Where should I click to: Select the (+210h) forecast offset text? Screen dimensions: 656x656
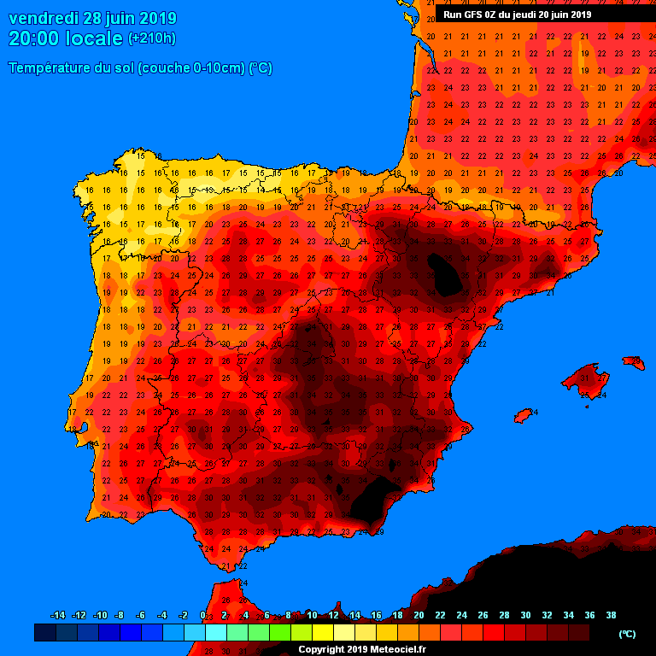tap(151, 38)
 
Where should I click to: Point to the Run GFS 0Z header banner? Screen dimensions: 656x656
tap(517, 15)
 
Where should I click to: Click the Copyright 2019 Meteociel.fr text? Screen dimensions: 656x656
tap(361, 649)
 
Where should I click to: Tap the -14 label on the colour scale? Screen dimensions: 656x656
tap(58, 615)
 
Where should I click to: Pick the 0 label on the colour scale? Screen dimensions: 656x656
tap(202, 615)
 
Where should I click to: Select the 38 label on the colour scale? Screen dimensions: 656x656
tap(611, 615)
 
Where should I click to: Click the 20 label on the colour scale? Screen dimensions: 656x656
tap(419, 615)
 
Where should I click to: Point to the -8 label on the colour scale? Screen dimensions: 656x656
tap(120, 615)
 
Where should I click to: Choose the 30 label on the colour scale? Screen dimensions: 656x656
tap(525, 615)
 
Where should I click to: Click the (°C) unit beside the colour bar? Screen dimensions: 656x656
tap(627, 634)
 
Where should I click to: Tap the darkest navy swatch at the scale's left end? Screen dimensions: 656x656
tap(44, 633)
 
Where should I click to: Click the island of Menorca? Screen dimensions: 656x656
tap(634, 362)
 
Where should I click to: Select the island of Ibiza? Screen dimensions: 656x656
tap(524, 416)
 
